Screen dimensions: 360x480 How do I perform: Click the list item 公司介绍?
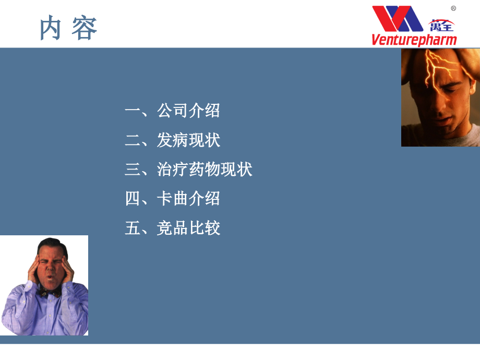coord(188,111)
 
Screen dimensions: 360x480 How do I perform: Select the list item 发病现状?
coord(188,140)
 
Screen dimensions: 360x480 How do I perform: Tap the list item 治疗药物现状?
coord(205,169)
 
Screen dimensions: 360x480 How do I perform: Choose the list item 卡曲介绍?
coord(188,198)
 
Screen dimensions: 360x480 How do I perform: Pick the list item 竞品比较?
coord(188,228)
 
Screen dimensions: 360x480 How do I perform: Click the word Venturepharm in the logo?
coord(414,40)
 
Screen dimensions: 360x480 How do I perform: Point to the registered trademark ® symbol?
coord(453,8)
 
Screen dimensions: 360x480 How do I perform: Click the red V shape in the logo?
coord(385,19)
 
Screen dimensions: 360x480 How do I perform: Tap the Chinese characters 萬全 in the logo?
coord(441,25)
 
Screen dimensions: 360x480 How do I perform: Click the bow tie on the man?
coord(50,292)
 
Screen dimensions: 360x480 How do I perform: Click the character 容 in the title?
coord(85,28)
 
